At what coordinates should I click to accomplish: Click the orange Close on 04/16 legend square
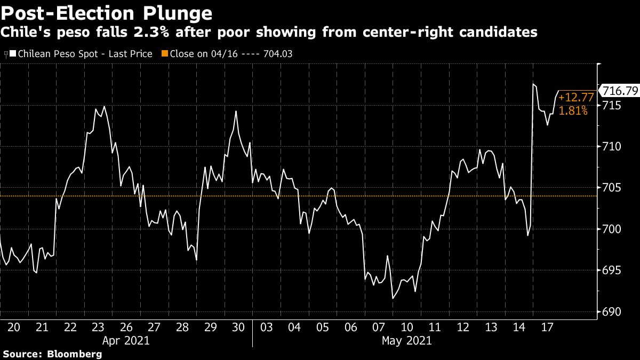165,53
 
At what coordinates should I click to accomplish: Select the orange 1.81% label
573,111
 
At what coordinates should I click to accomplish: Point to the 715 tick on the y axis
613,106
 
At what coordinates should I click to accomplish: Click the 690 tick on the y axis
613,311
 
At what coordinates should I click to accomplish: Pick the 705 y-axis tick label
613,188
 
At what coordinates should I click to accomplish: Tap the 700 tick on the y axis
613,229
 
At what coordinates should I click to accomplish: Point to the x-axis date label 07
378,327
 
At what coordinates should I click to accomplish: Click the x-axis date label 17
546,327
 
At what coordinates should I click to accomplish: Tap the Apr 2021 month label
126,340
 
